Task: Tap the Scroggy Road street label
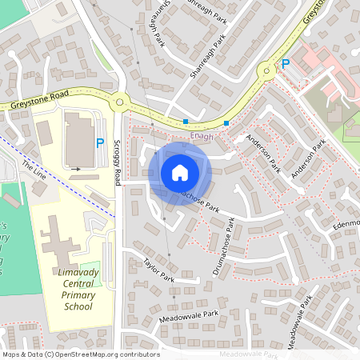point(117,160)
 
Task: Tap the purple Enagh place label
point(203,137)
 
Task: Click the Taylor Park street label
point(158,269)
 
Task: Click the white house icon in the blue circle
point(179,173)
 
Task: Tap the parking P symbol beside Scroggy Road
point(100,144)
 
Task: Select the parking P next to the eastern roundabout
point(284,64)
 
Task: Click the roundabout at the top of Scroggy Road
point(120,102)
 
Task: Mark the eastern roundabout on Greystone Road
point(267,73)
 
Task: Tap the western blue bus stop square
point(186,122)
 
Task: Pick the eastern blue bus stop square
point(226,123)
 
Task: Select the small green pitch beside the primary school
point(90,270)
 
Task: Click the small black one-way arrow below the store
point(77,169)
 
